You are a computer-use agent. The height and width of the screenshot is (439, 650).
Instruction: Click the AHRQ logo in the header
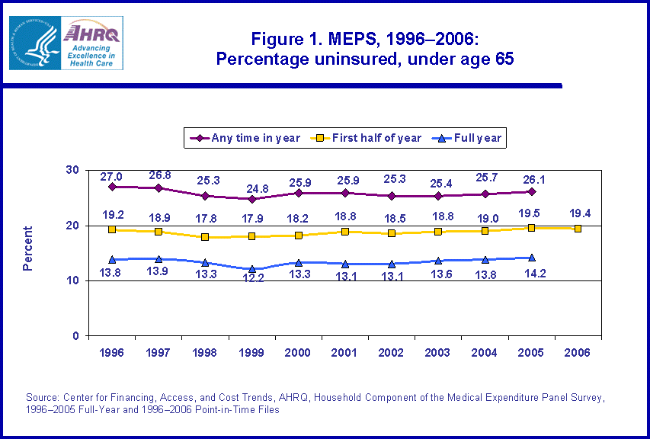click(x=92, y=43)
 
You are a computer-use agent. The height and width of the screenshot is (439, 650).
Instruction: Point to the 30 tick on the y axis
click(x=73, y=170)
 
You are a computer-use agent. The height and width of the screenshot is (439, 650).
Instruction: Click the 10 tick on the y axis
click(x=73, y=280)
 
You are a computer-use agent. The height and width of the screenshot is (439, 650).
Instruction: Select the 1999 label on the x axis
click(x=252, y=353)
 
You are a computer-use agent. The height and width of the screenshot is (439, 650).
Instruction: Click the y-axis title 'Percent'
click(x=28, y=248)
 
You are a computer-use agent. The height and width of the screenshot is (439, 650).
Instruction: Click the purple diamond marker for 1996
click(x=112, y=187)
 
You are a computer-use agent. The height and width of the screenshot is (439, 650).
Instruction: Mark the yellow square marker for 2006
click(x=578, y=229)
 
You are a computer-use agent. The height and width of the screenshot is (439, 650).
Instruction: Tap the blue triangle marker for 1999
click(x=252, y=269)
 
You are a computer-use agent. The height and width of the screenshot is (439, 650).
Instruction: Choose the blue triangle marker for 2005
click(x=532, y=258)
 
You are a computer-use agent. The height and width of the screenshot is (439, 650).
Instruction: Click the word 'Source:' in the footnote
click(x=42, y=398)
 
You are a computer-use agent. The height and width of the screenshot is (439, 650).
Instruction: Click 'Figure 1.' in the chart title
click(x=285, y=39)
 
